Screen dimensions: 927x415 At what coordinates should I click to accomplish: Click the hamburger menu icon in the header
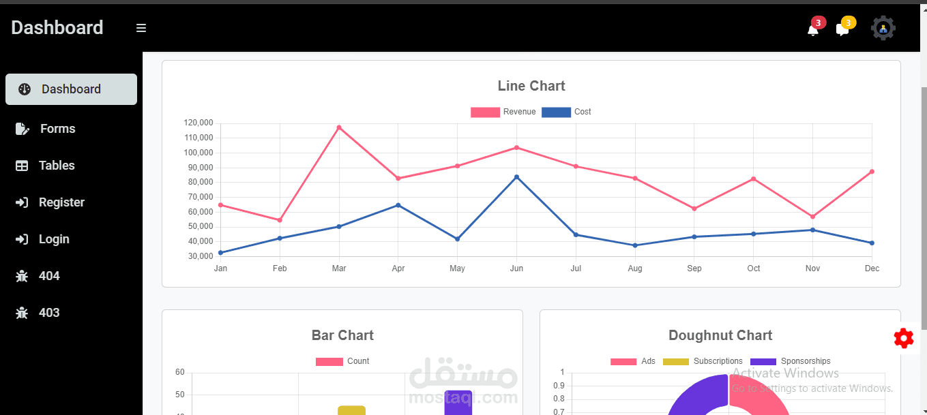[141, 28]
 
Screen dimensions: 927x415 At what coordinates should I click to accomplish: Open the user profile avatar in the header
[883, 28]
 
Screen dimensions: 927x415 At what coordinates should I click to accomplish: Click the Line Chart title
[531, 86]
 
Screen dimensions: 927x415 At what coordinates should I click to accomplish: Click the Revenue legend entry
[503, 112]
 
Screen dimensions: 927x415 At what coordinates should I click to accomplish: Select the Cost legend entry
[566, 112]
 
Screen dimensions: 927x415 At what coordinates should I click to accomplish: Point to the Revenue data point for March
[339, 127]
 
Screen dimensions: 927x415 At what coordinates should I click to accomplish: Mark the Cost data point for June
[516, 177]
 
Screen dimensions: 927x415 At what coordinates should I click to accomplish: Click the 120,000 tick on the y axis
[198, 123]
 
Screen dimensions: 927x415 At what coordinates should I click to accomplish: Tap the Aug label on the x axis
[635, 268]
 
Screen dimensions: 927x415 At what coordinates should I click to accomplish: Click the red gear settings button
[903, 339]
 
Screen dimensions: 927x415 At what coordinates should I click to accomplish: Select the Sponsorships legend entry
[791, 361]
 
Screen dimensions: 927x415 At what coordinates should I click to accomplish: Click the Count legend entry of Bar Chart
[342, 361]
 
